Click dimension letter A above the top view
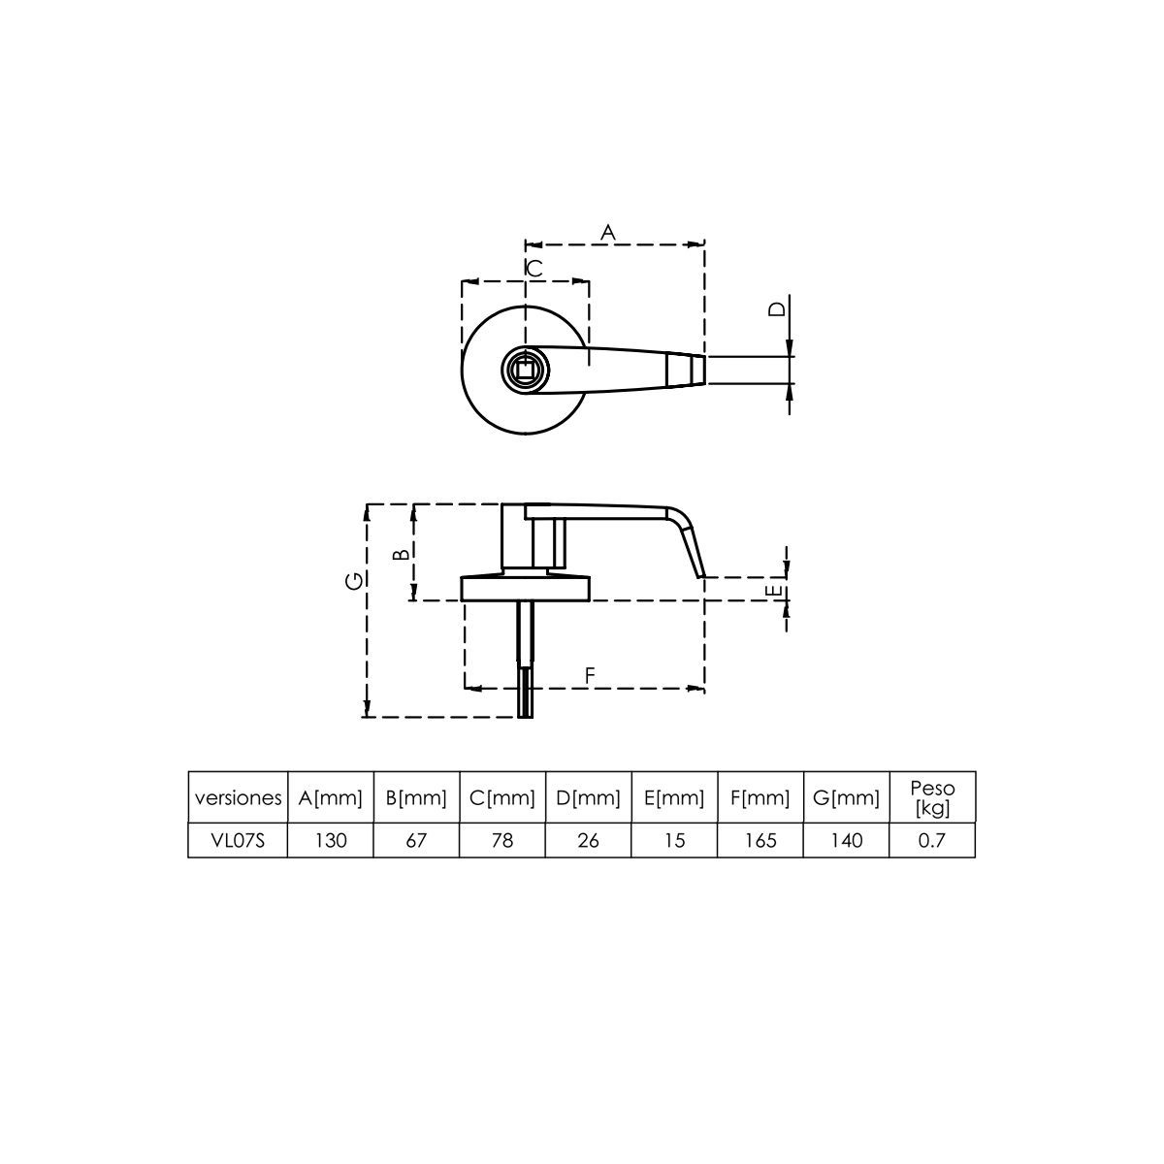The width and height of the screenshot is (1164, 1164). click(x=608, y=232)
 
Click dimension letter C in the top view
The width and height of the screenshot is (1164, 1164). click(x=534, y=269)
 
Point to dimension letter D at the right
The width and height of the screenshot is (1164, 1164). click(x=777, y=309)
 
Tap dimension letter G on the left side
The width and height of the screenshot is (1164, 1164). click(x=356, y=581)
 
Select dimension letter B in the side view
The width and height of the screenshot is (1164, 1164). click(x=399, y=555)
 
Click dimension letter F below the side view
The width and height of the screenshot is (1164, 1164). click(x=589, y=676)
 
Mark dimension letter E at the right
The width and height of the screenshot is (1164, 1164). click(x=773, y=591)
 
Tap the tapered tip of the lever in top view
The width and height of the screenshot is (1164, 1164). click(x=686, y=370)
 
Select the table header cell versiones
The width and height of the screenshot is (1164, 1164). click(x=238, y=799)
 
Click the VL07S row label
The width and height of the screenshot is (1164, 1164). click(x=238, y=841)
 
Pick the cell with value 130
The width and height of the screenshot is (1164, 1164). click(x=331, y=841)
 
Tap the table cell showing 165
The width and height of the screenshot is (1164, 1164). click(x=760, y=841)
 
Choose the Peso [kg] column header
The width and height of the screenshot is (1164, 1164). click(x=932, y=798)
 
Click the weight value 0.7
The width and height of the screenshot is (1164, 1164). click(x=932, y=841)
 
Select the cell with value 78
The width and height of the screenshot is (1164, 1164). click(x=502, y=841)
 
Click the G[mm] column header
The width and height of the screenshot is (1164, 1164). click(x=847, y=799)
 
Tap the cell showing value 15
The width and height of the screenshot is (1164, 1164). click(x=674, y=841)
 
